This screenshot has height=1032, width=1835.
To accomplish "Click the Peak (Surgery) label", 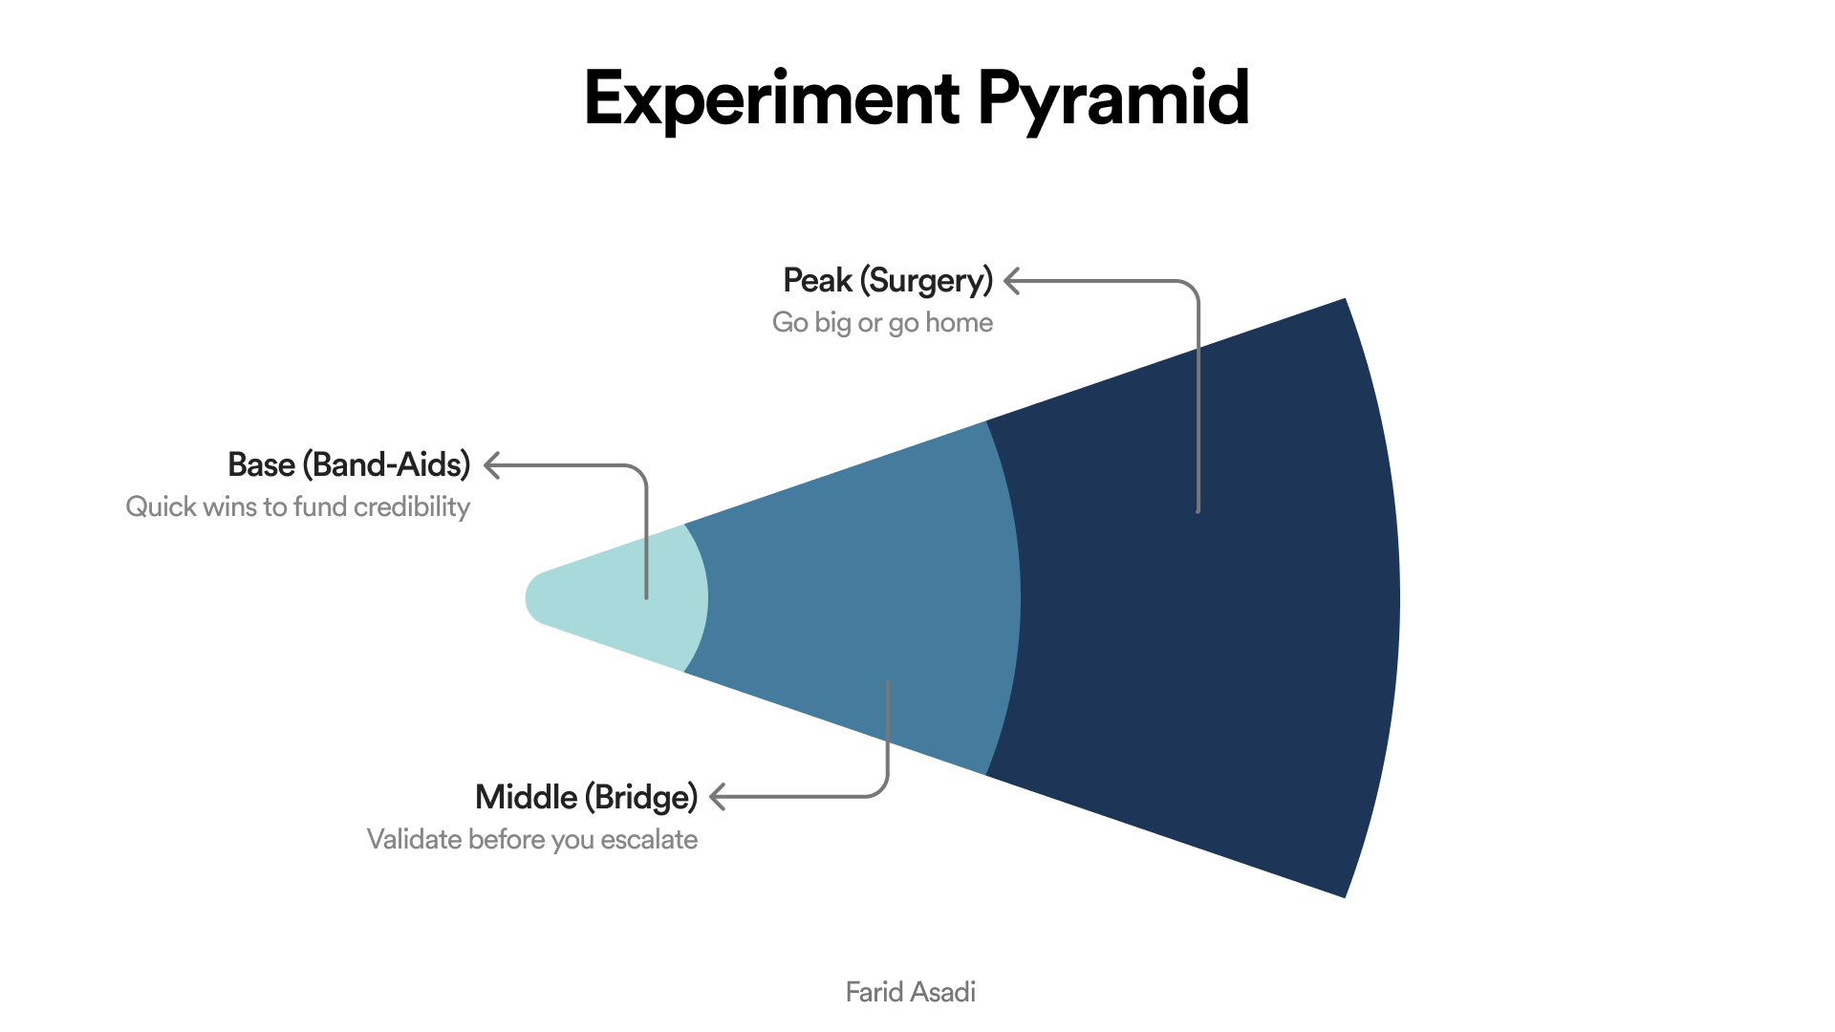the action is coord(888,281).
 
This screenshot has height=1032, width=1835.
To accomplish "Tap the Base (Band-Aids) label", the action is coord(349,465).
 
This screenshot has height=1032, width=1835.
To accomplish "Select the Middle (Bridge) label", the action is coord(586,798).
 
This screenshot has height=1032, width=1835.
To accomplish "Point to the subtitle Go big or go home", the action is coord(882,323).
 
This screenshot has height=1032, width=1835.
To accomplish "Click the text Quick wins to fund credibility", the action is coord(298,506).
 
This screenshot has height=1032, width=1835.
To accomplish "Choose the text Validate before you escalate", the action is coord(532,840).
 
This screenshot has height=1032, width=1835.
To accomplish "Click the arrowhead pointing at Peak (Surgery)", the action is coord(1014,281).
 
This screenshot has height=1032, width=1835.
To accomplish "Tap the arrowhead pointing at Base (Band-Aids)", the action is coord(493,465).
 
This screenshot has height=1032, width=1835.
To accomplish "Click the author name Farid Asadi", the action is coord(910,992).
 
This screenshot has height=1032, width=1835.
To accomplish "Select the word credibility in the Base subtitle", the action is coord(412,506).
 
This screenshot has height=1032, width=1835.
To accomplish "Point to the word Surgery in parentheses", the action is coord(927,281).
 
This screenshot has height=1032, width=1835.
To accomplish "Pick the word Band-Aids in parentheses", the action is coord(387,465).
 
